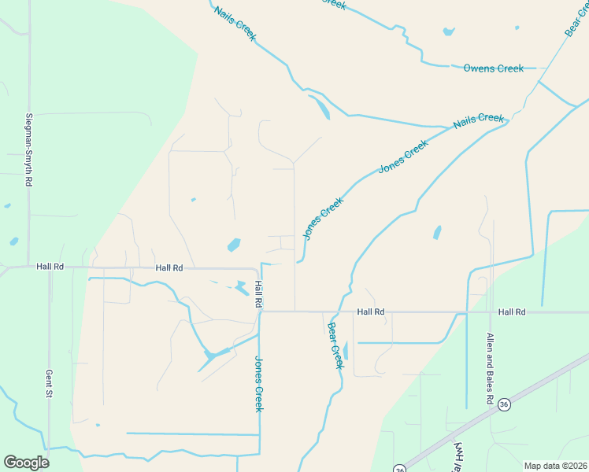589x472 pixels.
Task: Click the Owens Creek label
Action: [493, 68]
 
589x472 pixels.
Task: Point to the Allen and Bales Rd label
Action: [490, 369]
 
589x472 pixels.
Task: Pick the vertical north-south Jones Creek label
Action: [258, 384]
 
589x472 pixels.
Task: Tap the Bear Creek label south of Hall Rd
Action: [335, 345]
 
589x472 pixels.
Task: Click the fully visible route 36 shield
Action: [504, 404]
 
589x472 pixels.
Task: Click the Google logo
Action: [26, 463]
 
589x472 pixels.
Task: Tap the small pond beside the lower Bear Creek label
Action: [346, 351]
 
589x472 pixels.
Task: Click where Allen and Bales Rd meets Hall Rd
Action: [493, 312]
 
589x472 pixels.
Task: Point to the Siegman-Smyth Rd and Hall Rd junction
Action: [29, 267]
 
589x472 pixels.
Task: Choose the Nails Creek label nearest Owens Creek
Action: [478, 122]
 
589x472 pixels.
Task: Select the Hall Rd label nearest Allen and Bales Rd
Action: [511, 312]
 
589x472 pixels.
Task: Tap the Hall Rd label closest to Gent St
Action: [50, 267]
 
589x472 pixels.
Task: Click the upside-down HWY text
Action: [457, 456]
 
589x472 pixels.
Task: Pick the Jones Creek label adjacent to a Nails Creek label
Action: [403, 157]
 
